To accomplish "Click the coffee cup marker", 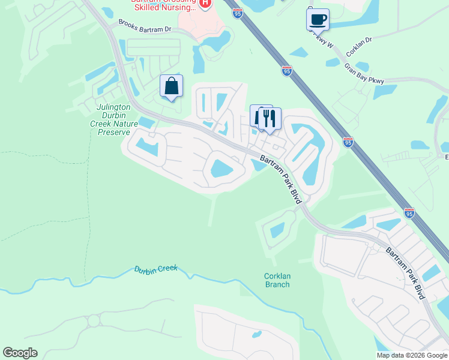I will point(318,19).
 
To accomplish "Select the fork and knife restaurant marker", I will point(270,118).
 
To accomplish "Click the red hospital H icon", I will point(205,4).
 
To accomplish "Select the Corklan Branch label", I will point(277,280).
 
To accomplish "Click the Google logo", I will point(20,353).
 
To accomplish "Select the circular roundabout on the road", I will point(94,321).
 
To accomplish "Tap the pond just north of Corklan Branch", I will point(277,230).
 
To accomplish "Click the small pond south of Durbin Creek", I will point(257,334).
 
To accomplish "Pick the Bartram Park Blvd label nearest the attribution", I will point(405,273).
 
